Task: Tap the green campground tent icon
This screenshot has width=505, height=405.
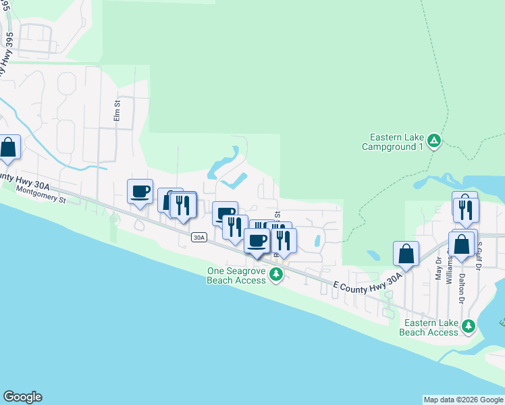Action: coord(435,141)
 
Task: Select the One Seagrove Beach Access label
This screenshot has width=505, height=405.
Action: coord(236,275)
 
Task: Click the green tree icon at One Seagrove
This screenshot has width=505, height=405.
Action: coord(275,274)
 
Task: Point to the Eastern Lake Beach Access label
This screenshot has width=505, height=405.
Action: coord(429,327)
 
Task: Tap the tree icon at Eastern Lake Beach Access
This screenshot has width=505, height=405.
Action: coord(469,327)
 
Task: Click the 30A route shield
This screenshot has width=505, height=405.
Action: coord(198,237)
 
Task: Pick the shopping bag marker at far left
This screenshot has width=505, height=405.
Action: coord(8,148)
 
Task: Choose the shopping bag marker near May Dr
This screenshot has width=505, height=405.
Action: coord(406,254)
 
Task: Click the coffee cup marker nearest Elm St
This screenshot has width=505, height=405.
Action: coord(140,192)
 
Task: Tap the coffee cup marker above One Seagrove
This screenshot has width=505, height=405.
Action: coord(256,241)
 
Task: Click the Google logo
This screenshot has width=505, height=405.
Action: coord(22,397)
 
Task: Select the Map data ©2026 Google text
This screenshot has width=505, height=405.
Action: coord(463,400)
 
